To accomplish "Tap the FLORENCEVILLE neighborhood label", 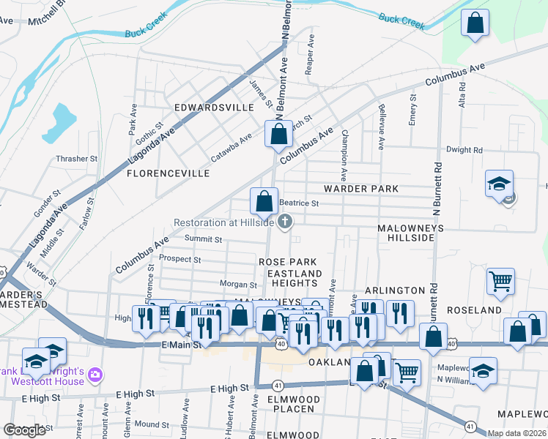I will tap(169, 173).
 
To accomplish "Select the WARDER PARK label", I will tap(361, 189).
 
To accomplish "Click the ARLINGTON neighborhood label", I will tap(395, 290).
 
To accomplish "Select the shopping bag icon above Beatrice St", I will tap(264, 200).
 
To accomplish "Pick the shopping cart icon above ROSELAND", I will tap(501, 280).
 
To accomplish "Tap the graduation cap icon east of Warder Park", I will tap(499, 183).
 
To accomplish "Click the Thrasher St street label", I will tap(76, 159).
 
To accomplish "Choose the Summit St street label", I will tap(203, 239).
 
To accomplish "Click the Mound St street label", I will tap(152, 424).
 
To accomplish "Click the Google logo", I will tap(25, 430).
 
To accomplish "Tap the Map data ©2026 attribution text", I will tap(516, 433).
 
